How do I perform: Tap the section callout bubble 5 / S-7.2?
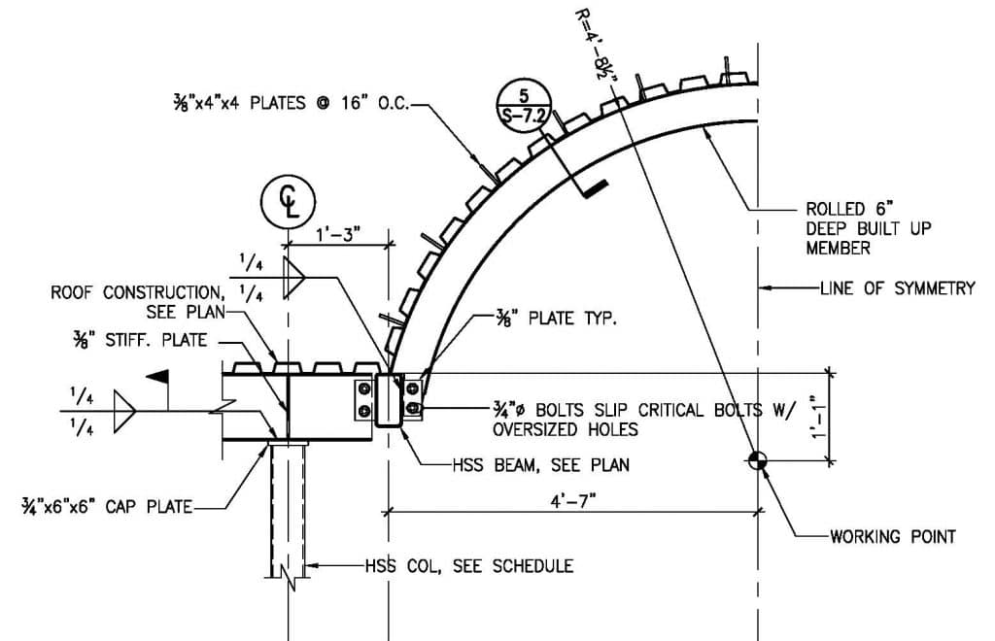point(524,107)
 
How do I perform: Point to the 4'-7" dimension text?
point(573,501)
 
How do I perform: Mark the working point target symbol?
point(757,460)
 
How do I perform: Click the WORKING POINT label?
point(893,537)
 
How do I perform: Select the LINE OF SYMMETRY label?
point(897,288)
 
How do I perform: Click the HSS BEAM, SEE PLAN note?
point(540,465)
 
